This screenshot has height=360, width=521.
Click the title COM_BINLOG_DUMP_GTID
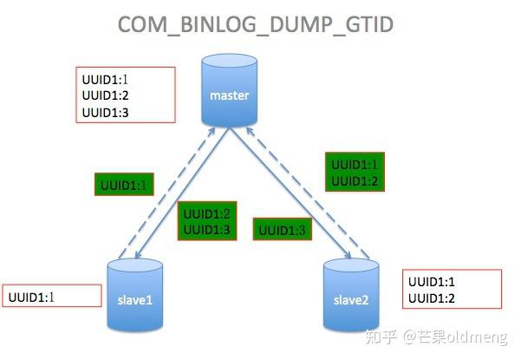pyautogui.click(x=256, y=24)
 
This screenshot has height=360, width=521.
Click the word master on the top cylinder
pyautogui.click(x=229, y=95)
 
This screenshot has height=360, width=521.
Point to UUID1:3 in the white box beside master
pyautogui.click(x=104, y=113)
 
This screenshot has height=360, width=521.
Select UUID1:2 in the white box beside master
pyautogui.click(x=104, y=96)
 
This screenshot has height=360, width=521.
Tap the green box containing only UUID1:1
pyautogui.click(x=123, y=185)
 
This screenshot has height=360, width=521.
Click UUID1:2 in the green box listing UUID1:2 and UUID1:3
pyautogui.click(x=206, y=213)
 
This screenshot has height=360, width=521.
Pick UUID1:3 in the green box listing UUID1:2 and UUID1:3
pyautogui.click(x=206, y=229)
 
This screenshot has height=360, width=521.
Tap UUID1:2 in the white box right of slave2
pyautogui.click(x=431, y=299)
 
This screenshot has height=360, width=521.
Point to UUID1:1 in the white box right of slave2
pyautogui.click(x=431, y=283)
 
